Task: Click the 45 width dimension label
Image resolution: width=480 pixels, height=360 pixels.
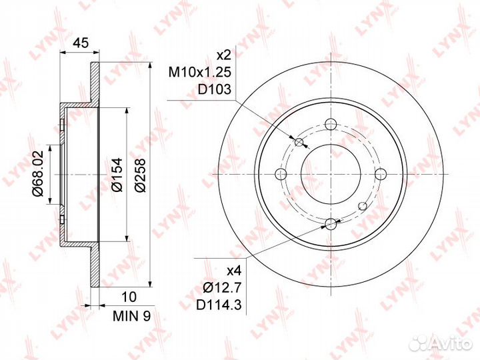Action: [81, 43]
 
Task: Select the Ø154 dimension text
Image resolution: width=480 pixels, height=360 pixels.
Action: [117, 175]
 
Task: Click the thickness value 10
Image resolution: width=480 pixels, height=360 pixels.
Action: [129, 297]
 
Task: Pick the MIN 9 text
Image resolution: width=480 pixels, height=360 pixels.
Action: [131, 316]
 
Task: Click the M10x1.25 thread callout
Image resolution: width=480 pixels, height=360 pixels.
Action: [199, 73]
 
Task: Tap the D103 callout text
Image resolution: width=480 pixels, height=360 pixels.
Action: [214, 89]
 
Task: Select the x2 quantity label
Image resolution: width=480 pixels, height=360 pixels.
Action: [223, 56]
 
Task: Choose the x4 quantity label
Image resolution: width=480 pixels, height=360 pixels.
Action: [234, 271]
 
